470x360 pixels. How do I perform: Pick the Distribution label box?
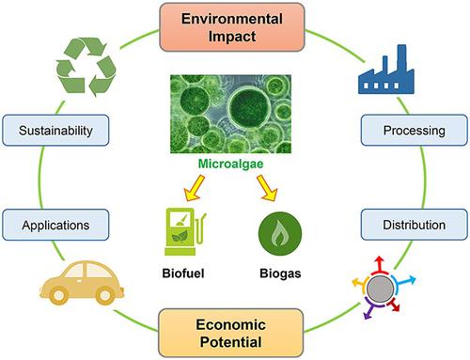point(407,227)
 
